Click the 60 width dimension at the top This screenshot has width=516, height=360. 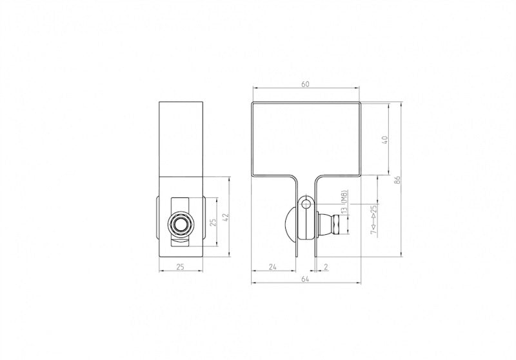[x=305, y=83]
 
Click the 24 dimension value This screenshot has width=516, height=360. [x=273, y=266]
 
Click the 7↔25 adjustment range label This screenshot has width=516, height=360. [x=373, y=223]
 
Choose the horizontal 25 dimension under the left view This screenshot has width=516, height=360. [x=181, y=266]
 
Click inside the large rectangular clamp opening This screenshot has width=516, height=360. [x=305, y=139]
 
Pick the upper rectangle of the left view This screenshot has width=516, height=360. [x=181, y=138]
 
